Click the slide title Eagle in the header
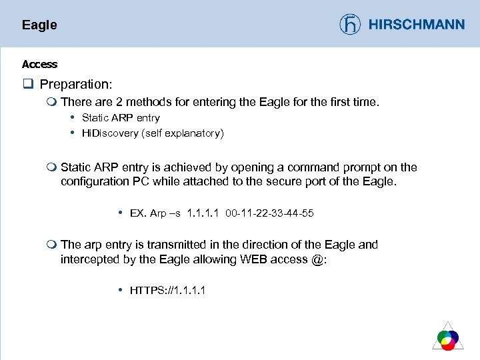click(39, 25)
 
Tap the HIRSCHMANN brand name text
click(416, 25)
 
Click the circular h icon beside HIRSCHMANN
click(350, 25)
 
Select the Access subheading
click(39, 64)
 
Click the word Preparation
click(75, 85)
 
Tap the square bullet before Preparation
click(27, 85)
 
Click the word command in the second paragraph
click(307, 167)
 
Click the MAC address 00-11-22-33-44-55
click(269, 213)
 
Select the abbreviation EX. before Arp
click(138, 213)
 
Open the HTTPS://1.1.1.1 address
click(167, 290)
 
